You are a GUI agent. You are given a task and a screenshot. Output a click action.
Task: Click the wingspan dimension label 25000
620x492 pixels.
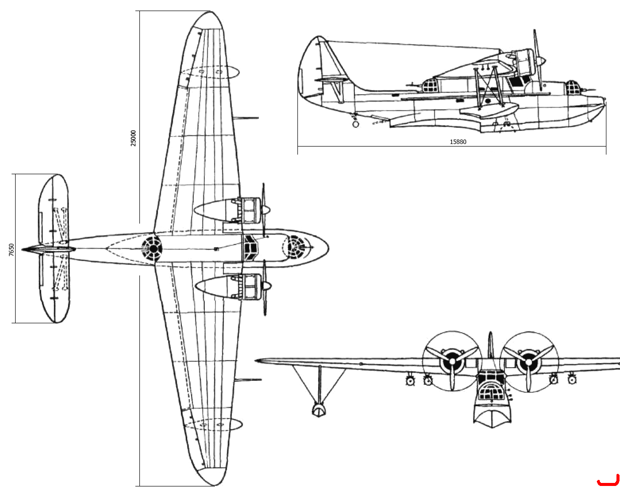pyautogui.click(x=133, y=138)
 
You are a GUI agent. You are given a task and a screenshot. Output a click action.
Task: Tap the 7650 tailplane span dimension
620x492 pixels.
pyautogui.click(x=11, y=250)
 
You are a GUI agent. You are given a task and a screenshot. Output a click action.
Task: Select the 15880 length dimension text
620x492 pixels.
pyautogui.click(x=458, y=142)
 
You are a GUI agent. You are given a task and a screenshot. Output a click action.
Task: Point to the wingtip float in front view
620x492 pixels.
pyautogui.click(x=319, y=410)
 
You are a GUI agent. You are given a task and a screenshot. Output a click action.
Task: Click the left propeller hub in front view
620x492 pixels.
pyautogui.click(x=452, y=362)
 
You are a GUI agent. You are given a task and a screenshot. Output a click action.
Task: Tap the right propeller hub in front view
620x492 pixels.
pyautogui.click(x=529, y=362)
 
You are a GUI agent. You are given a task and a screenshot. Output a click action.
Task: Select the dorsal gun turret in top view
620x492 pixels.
pyautogui.click(x=152, y=248)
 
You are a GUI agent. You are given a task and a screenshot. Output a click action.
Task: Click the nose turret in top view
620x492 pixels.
pyautogui.click(x=294, y=248)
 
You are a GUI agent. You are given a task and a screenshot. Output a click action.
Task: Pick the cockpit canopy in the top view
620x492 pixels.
pyautogui.click(x=251, y=248)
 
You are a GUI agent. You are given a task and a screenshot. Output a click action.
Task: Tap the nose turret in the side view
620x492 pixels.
pyautogui.click(x=573, y=88)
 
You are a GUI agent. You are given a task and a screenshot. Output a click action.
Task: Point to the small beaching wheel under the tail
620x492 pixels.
pyautogui.click(x=356, y=124)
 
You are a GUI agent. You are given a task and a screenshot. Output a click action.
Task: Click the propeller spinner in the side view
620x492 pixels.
pyautogui.click(x=541, y=61)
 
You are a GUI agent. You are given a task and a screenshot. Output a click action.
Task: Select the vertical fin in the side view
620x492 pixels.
pyautogui.click(x=320, y=66)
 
